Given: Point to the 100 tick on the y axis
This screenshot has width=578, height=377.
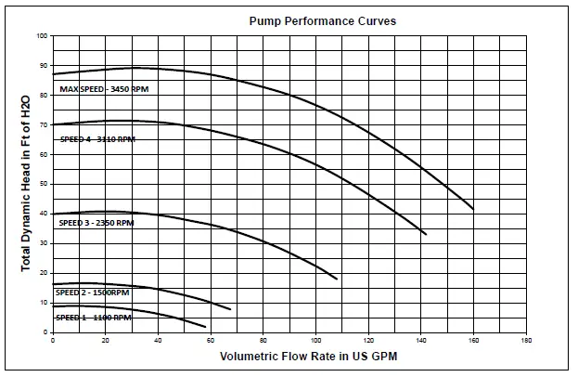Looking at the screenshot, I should tap(42, 36).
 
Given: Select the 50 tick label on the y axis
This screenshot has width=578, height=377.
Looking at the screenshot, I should tap(43, 184).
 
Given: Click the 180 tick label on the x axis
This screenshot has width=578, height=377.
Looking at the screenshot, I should tap(526, 341).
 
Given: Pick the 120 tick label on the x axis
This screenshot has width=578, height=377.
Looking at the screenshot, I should tap(368, 341).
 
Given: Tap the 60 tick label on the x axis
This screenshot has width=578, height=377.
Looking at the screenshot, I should tap(211, 341).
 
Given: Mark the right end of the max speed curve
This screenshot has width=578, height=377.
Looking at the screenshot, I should tap(473, 209).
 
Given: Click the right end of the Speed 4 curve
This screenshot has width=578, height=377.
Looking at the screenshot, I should tap(426, 234).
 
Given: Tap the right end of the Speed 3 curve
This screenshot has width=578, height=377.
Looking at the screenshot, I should tap(336, 279).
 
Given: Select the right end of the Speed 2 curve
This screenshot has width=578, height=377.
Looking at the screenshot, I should tap(230, 309).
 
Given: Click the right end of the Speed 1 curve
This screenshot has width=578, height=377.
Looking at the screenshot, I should tap(205, 327).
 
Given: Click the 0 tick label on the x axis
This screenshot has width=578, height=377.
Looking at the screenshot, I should tap(53, 341).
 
